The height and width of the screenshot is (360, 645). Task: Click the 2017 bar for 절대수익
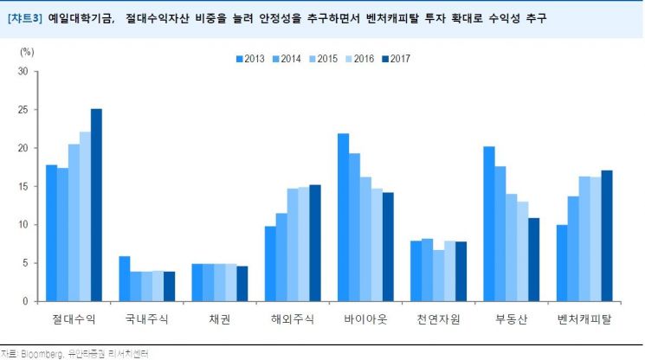click(96, 205)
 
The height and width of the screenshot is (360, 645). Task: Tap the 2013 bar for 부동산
click(489, 224)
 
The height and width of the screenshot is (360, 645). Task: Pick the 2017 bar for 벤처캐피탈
click(606, 235)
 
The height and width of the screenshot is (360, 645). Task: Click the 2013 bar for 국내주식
click(125, 279)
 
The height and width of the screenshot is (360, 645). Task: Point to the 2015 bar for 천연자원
click(438, 275)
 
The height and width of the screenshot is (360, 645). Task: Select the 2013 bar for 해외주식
click(270, 263)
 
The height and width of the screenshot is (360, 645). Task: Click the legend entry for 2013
click(248, 59)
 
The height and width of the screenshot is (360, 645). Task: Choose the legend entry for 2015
click(321, 59)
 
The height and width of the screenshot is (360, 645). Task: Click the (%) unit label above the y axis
click(27, 52)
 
